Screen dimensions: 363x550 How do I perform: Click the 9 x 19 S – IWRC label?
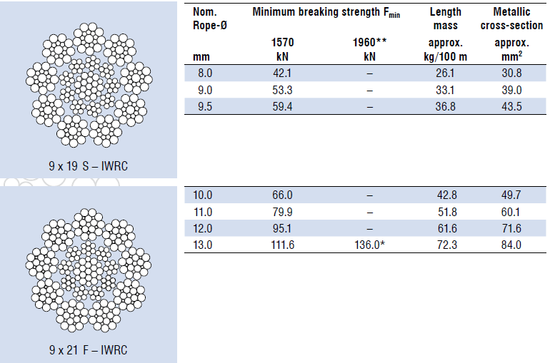click(x=88, y=166)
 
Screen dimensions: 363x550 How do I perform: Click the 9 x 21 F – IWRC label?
click(x=88, y=350)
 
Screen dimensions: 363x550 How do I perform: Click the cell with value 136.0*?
click(x=369, y=245)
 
